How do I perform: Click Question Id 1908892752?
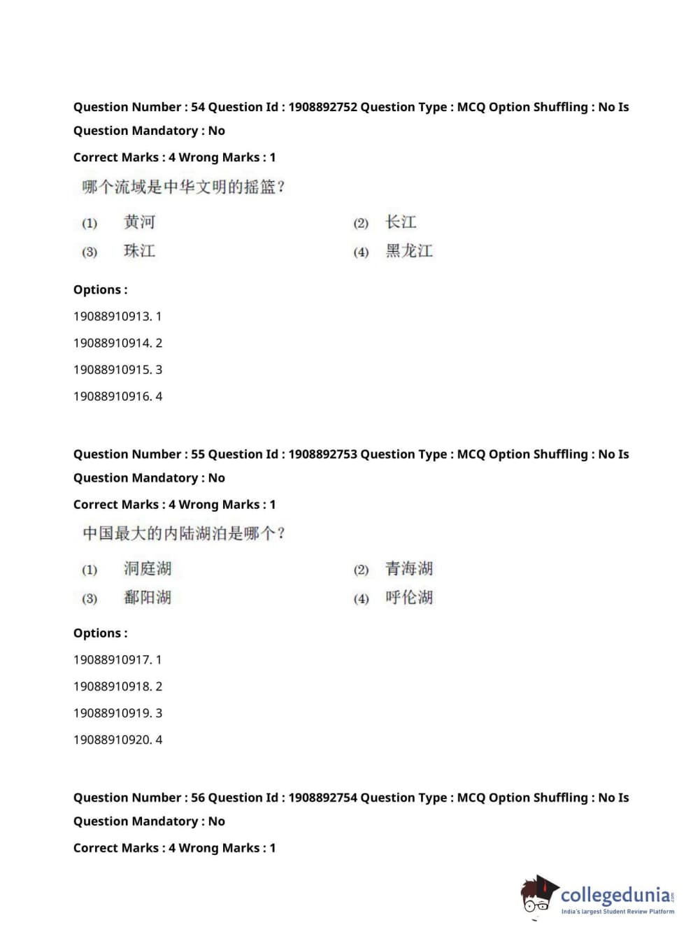click(x=322, y=107)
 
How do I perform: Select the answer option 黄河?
click(x=139, y=222)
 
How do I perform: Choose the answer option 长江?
click(x=401, y=222)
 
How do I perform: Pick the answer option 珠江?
click(x=139, y=251)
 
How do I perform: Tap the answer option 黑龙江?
click(x=409, y=251)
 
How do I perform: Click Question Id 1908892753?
click(x=322, y=454)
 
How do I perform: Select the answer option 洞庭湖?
click(x=148, y=569)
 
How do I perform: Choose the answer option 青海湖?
click(x=409, y=569)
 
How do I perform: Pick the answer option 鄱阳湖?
click(x=148, y=598)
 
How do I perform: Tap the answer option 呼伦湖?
click(x=409, y=598)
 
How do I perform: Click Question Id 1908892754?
click(x=322, y=798)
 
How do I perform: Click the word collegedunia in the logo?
click(x=615, y=896)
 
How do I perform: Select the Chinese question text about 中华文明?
click(x=183, y=187)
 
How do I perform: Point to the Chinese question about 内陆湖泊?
click(x=184, y=534)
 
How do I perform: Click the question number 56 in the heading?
click(x=198, y=798)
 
